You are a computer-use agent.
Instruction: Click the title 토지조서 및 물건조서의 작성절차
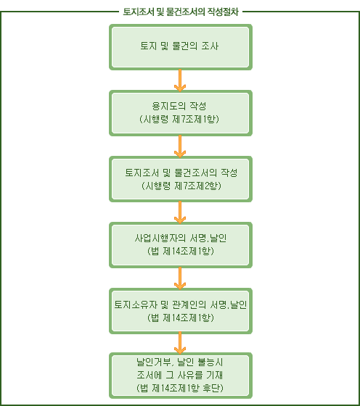(x=181, y=12)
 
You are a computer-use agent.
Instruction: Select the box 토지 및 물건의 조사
(x=181, y=47)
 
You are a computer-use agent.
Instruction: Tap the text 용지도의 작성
(x=179, y=106)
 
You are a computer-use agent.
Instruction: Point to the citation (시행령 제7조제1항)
(x=179, y=119)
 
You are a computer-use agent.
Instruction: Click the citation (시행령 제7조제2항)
(x=181, y=186)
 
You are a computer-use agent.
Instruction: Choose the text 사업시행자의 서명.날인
(x=181, y=238)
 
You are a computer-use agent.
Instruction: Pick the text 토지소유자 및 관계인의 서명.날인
(x=181, y=304)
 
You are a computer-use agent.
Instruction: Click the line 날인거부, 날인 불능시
(x=179, y=362)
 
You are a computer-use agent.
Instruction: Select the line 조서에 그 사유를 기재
(x=179, y=375)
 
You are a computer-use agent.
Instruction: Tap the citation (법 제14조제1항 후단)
(x=179, y=388)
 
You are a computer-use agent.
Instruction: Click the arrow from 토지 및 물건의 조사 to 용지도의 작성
(x=180, y=80)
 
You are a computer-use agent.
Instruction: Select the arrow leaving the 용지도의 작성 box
(x=180, y=146)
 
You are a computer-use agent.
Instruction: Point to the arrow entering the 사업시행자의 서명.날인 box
(x=180, y=212)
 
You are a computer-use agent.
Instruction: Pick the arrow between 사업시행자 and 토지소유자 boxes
(x=180, y=278)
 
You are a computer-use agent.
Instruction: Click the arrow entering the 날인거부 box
(x=180, y=344)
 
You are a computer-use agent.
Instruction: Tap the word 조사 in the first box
(x=210, y=46)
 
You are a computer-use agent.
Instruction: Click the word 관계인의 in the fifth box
(x=189, y=304)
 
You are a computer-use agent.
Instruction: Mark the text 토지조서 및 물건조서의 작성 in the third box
(x=181, y=173)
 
